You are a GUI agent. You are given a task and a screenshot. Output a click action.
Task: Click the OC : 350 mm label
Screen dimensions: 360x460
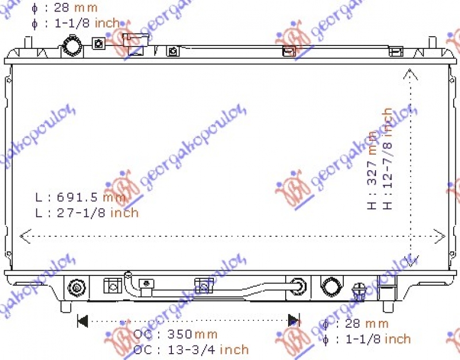[175, 334]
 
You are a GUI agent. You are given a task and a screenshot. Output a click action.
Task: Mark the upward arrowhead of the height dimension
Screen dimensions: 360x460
[409, 73]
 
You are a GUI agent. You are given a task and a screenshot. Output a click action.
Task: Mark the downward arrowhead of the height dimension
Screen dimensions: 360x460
[409, 262]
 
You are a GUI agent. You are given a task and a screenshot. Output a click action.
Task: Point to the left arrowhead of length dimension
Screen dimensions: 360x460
[25, 235]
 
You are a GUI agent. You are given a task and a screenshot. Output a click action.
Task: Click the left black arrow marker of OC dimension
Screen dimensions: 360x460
[82, 320]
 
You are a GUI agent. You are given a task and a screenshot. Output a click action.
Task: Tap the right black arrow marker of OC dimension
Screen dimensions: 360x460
[294, 320]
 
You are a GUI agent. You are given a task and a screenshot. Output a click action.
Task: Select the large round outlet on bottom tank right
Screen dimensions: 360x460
[331, 286]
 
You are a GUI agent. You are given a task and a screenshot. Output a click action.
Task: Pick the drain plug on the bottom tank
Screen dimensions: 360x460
[361, 290]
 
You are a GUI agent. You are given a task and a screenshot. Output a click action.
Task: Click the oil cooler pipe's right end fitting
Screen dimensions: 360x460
[298, 285]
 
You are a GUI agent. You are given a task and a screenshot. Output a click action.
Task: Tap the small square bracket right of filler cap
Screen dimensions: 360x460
[98, 43]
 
